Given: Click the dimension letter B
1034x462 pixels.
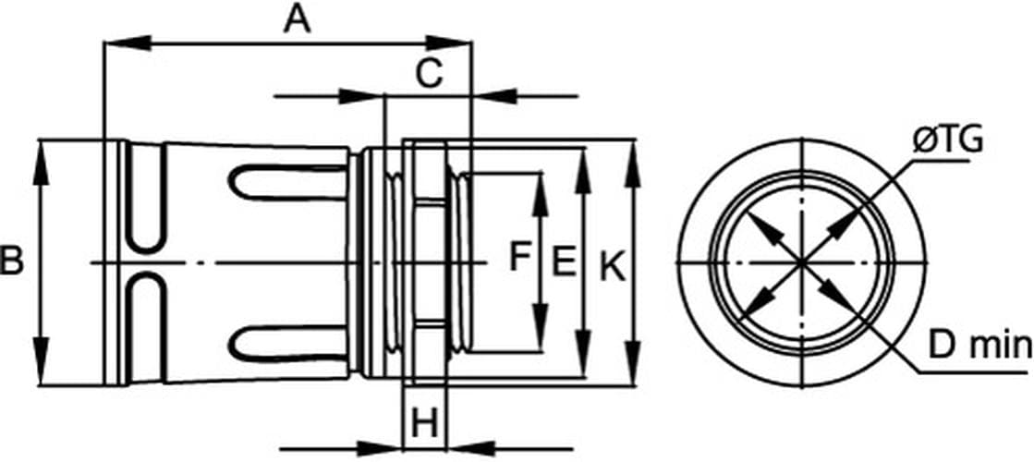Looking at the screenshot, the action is (x=11, y=260).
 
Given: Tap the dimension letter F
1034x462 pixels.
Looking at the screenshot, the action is (x=520, y=256).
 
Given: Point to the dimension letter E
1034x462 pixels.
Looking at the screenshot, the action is (x=563, y=261).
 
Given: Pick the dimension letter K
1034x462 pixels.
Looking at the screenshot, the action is (x=614, y=269).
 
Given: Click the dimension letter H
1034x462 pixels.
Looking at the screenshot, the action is (x=425, y=424).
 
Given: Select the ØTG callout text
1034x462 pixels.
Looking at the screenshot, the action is (x=948, y=141).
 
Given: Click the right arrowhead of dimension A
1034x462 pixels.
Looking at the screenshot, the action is (x=448, y=43).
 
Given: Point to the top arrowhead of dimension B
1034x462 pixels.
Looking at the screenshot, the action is (x=42, y=163).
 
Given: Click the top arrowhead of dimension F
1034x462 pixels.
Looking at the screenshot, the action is (x=541, y=195).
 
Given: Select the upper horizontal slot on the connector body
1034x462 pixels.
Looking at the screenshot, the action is (x=288, y=183).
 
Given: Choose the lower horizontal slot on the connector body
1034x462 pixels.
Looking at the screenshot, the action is (x=288, y=344).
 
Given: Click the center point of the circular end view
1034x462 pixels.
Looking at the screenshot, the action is (x=802, y=263).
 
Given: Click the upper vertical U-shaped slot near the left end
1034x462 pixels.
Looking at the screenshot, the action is (x=146, y=198).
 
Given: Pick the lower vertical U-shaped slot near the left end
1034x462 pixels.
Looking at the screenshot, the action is (x=146, y=328).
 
